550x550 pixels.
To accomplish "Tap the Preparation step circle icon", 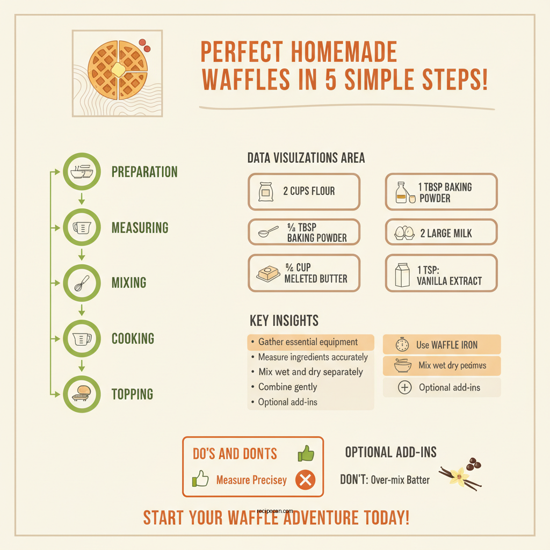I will coord(82,172).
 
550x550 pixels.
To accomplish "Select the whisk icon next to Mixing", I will coord(82,283).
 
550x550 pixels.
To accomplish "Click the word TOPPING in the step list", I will coord(132,394).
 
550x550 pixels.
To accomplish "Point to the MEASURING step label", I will coord(140,228).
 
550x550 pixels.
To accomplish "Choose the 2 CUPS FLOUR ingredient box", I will coord(303,191).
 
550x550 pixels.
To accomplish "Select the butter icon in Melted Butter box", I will coord(269,274).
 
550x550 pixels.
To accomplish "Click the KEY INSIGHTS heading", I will coord(284,321).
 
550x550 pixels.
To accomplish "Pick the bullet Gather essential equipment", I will coord(308,342).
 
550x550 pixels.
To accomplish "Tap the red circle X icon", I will coord(305,480).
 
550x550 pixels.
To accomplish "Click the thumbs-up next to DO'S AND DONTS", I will coord(306,454).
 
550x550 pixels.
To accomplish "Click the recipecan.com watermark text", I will coord(275,511).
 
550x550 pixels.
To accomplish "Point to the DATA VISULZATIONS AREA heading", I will coord(306,158).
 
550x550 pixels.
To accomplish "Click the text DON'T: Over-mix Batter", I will coord(385,480).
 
